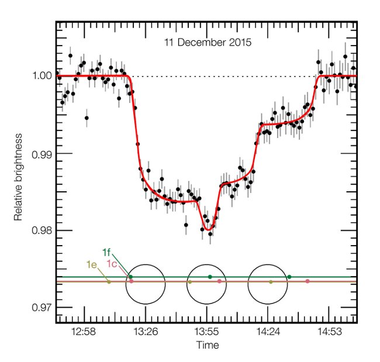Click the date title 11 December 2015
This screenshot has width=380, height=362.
pyautogui.click(x=205, y=43)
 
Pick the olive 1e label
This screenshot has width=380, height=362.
pyautogui.click(x=91, y=264)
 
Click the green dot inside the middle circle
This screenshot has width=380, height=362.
pyautogui.click(x=210, y=277)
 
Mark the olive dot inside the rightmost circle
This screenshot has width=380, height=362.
pyautogui.click(x=270, y=282)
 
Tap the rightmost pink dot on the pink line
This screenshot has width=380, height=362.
pyautogui.click(x=307, y=282)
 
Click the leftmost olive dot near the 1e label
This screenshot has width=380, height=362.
pyautogui.click(x=109, y=282)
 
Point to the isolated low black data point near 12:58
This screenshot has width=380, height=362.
pyautogui.click(x=87, y=118)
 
